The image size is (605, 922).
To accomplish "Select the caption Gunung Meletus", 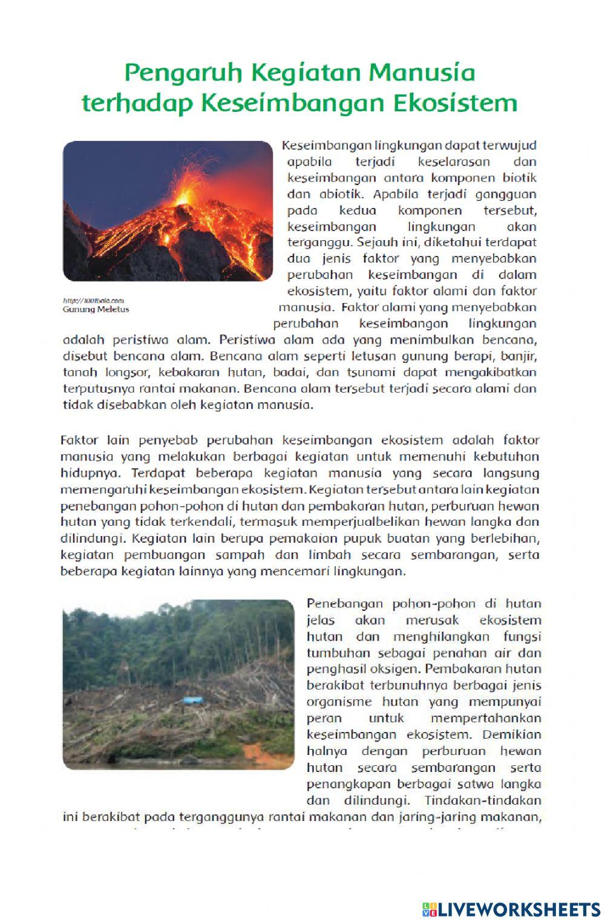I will point(96,309).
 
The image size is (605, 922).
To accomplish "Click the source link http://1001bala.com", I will point(93,300).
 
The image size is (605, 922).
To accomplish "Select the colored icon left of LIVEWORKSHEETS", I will point(429,909).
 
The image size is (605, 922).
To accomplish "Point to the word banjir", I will point(519,356).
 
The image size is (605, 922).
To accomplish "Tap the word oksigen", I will point(397,669).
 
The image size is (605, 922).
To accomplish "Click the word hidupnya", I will point(89,473).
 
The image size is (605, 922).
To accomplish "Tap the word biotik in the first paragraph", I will point(519,178).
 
